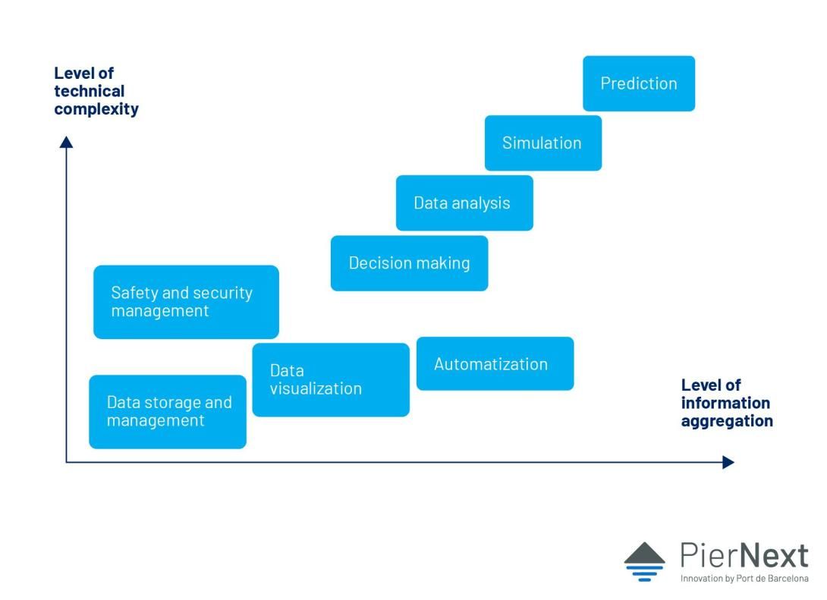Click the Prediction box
pyautogui.click(x=639, y=83)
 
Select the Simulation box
pyautogui.click(x=542, y=143)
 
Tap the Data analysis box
pyautogui.click(x=464, y=203)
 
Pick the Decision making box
pyautogui.click(x=409, y=263)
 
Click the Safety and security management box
pyautogui.click(x=186, y=302)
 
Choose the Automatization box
pyautogui.click(x=495, y=364)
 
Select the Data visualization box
pyautogui.click(x=331, y=380)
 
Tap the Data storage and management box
pyautogui.click(x=168, y=412)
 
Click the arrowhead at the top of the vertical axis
pyautogui.click(x=66, y=142)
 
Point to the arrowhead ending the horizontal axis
pyautogui.click(x=728, y=463)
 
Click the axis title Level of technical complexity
pyautogui.click(x=96, y=91)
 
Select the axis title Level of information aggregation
pyautogui.click(x=727, y=403)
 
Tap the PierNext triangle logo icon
pyautogui.click(x=644, y=561)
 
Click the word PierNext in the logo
pyautogui.click(x=744, y=555)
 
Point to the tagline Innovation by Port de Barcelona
pyautogui.click(x=744, y=579)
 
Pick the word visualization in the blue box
pyautogui.click(x=316, y=388)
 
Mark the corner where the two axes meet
pyautogui.click(x=66, y=463)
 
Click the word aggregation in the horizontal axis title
pyautogui.click(x=727, y=421)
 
